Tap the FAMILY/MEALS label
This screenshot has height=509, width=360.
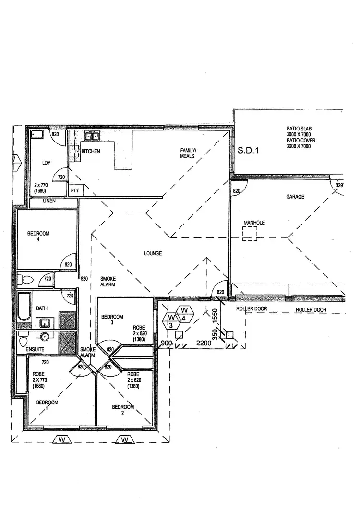tap(188, 153)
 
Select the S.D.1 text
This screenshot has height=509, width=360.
tap(248, 150)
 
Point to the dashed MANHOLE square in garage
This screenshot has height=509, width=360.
tap(250, 234)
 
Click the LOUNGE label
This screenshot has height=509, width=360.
tap(153, 253)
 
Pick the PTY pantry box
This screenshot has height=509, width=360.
tap(75, 190)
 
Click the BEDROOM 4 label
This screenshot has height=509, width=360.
tap(38, 236)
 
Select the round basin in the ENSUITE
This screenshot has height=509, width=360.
tap(46, 336)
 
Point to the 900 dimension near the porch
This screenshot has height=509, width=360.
tap(166, 343)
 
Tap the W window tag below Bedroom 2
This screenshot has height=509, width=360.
tap(124, 439)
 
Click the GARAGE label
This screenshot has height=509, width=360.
tap(295, 197)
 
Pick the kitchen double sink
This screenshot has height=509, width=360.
tap(92, 137)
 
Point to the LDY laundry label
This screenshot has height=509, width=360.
tap(46, 163)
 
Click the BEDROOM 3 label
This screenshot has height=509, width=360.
tap(112, 320)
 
